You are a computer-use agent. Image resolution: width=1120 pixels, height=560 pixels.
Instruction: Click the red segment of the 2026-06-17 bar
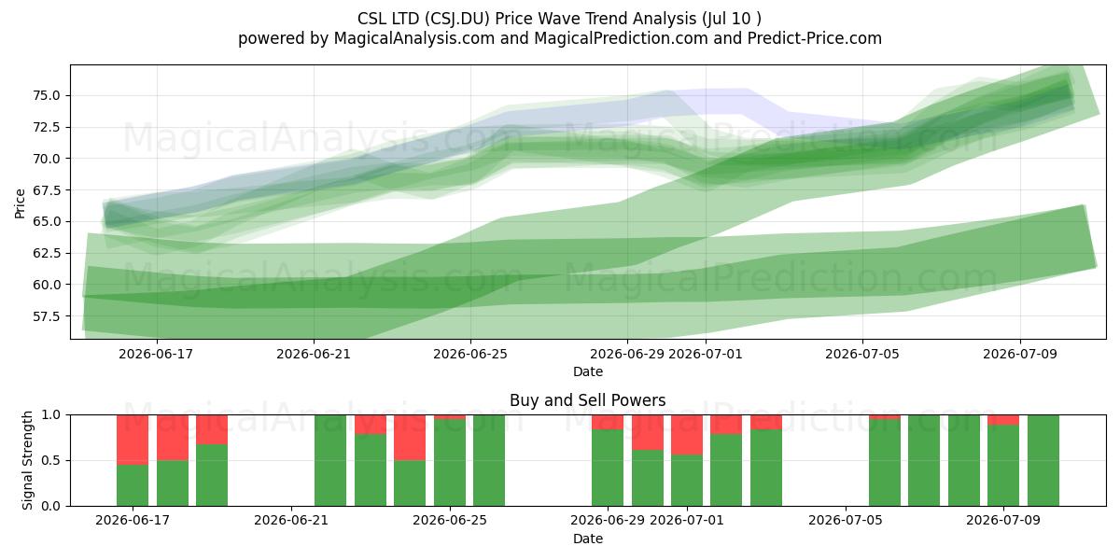(133, 440)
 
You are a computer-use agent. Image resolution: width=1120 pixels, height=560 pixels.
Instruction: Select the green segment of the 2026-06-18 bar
(173, 483)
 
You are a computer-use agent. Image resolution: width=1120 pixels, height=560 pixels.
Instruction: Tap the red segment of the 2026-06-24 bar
(410, 438)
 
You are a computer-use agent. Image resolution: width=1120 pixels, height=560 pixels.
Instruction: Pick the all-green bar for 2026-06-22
(330, 460)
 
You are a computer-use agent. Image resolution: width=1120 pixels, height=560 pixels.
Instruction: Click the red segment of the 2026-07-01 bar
(687, 435)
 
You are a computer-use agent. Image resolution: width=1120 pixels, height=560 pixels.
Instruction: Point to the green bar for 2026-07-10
(1043, 460)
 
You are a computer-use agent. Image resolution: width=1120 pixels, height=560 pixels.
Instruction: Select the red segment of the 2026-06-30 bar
(648, 432)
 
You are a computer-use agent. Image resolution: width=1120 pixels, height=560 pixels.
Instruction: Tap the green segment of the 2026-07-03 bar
(766, 468)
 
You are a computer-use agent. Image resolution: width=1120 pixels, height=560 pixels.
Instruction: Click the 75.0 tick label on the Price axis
(46, 95)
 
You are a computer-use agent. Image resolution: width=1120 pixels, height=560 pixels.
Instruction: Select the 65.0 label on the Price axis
(46, 221)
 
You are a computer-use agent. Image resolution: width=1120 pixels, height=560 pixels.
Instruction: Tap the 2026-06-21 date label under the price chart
(314, 354)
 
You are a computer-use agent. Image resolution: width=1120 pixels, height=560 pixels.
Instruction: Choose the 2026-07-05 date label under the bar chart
(845, 521)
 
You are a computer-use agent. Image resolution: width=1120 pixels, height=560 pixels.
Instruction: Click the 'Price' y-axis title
(20, 203)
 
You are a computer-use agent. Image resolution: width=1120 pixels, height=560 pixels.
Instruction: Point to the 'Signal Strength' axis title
(27, 460)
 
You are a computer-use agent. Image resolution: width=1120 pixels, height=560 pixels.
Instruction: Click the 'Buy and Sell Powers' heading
(587, 400)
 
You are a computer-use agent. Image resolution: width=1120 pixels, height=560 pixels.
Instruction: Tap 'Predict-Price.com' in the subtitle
(815, 38)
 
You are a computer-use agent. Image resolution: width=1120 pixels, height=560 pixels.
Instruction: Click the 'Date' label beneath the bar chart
(587, 539)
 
